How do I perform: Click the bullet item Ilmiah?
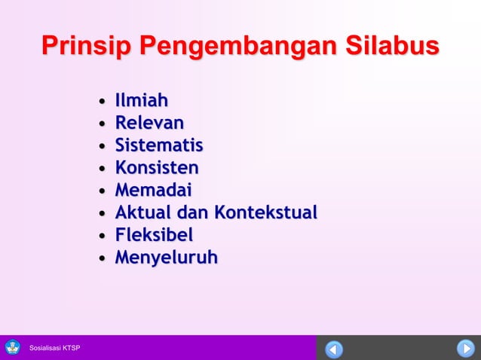[x=142, y=100]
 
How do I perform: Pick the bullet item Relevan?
[x=149, y=123]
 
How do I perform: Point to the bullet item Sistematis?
[x=159, y=145]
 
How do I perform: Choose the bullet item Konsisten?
[x=157, y=167]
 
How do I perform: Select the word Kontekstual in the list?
[x=265, y=212]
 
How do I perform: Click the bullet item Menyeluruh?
[x=166, y=258]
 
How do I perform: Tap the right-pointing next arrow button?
[x=465, y=349]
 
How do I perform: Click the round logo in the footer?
[x=13, y=348]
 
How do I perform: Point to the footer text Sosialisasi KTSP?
[x=55, y=348]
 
